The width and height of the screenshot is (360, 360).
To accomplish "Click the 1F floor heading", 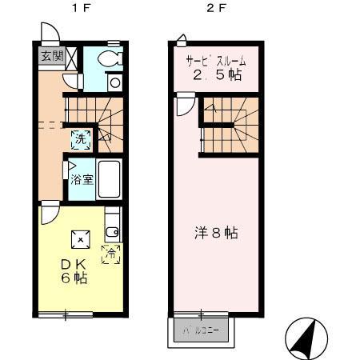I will coord(78,10).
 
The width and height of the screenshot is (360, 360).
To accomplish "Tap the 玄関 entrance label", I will coord(51,57).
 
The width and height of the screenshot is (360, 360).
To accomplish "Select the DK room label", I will coord(74,264).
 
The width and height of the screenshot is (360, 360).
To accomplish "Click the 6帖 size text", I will coord(74,279).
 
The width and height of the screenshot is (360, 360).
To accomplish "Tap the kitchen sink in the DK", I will coord(112,232).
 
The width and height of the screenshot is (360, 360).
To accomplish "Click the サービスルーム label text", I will coord(215,62).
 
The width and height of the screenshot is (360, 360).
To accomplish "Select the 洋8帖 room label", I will coord(215,234).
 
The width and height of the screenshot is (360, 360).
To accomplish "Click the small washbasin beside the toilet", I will coord(114,82).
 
